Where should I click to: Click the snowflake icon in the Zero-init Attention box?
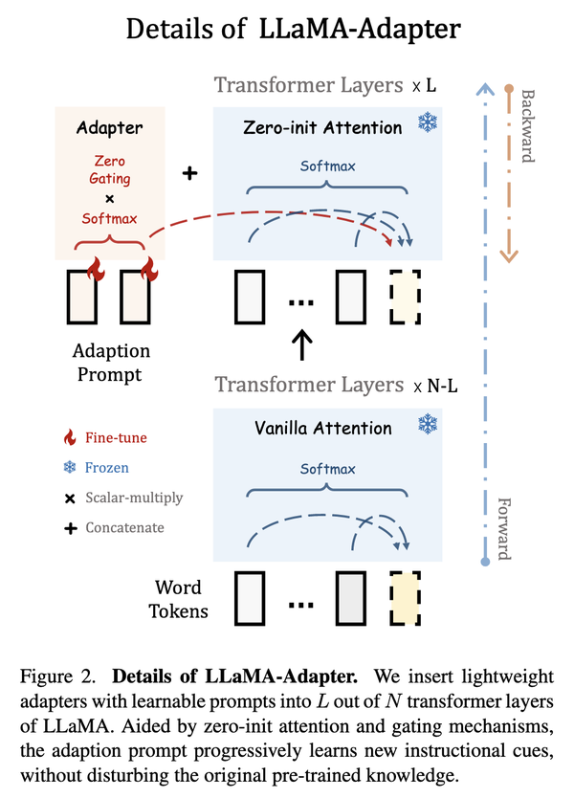point(428,122)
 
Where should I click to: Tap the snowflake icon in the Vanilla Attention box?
point(428,424)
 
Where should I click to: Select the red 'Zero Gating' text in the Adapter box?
point(109,169)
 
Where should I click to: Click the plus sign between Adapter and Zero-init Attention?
point(189,173)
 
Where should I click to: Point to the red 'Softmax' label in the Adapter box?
point(109,218)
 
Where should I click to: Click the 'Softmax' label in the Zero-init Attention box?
point(328,166)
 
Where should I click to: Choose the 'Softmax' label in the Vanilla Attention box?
point(328,469)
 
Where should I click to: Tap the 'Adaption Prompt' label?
point(111,363)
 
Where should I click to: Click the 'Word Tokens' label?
point(178,599)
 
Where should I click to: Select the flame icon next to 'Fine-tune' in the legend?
point(70,437)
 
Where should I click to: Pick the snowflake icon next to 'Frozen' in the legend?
point(70,467)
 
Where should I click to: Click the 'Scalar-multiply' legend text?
point(134,498)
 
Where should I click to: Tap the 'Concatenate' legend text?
point(124,528)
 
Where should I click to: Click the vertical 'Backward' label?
point(528,126)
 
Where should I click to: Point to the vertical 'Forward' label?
point(504,529)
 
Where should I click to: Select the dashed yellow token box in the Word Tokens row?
point(405,599)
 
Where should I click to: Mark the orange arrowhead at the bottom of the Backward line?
point(509,256)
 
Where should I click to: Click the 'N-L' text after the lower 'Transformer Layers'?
point(442,386)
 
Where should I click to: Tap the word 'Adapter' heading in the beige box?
point(109,128)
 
